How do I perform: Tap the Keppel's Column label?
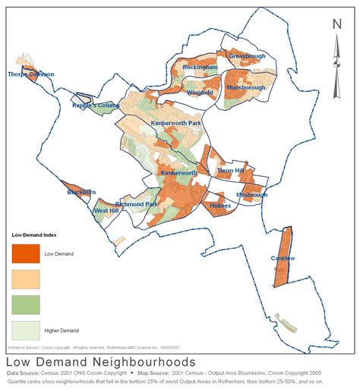(x=96, y=105)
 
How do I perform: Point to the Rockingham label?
(x=200, y=68)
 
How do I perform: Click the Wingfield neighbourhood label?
(x=200, y=93)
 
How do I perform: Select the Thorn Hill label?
(x=231, y=171)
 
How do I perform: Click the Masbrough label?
(x=251, y=195)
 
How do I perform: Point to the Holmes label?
(x=219, y=206)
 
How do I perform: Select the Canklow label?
(x=283, y=259)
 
